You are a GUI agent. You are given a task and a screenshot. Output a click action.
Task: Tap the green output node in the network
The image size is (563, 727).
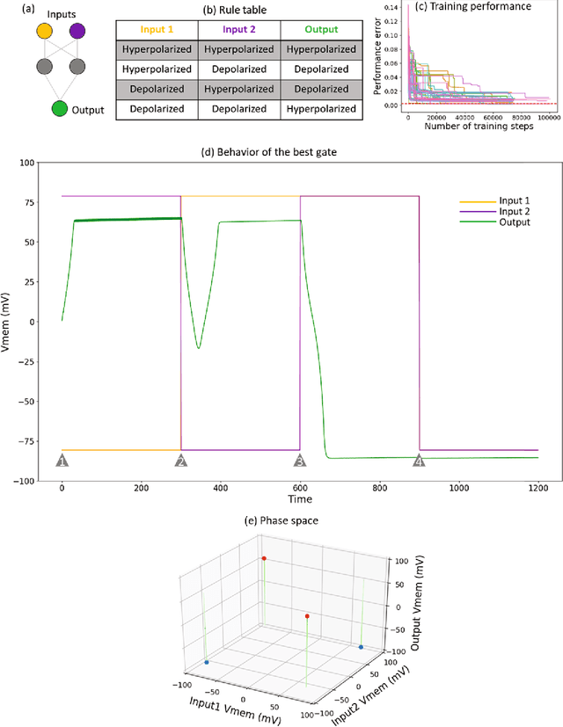pos(60,109)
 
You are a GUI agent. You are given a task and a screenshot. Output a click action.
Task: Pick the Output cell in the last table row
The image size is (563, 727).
pos(322,110)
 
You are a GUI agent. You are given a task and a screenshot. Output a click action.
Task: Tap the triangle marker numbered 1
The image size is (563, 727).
pos(62,461)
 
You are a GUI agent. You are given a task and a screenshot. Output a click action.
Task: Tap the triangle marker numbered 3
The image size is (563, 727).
pos(300,461)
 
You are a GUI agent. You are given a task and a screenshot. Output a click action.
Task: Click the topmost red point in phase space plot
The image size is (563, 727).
pos(261,558)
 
